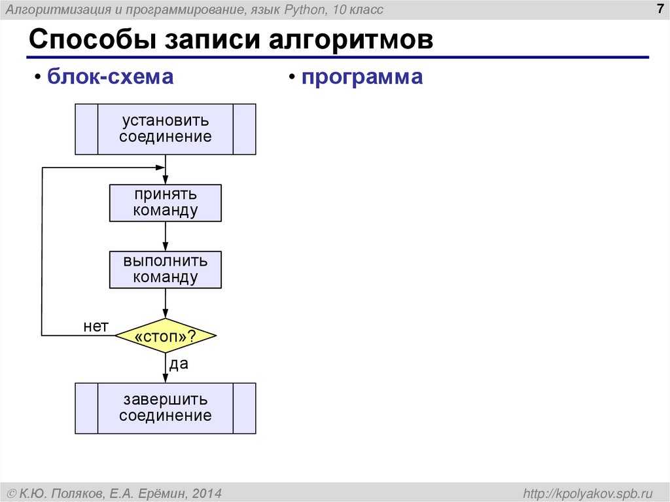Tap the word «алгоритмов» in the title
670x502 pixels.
(350, 40)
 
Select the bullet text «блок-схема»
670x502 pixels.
(110, 77)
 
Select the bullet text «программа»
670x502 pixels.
(362, 77)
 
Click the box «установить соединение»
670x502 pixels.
(165, 129)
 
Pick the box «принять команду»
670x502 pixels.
(165, 203)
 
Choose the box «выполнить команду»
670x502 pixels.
(165, 270)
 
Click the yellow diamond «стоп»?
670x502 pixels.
(166, 336)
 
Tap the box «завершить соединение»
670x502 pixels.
(165, 408)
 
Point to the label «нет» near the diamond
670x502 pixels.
(96, 326)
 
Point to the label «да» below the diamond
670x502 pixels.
(179, 364)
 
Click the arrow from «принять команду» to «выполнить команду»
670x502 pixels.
(166, 236)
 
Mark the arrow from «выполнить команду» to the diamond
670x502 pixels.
(166, 303)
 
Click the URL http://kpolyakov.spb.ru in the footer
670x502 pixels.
(585, 492)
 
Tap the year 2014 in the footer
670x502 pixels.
(207, 492)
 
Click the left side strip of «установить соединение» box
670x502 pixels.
(86, 129)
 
